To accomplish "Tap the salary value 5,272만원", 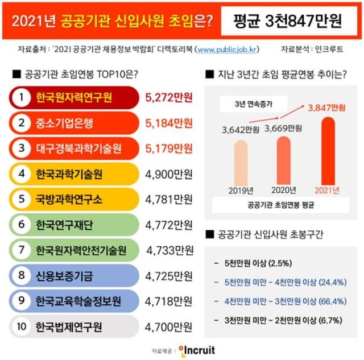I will [x=169, y=97].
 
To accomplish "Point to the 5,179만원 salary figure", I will [x=169, y=148].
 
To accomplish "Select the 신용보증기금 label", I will [x=64, y=276].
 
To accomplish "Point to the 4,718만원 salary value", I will [x=169, y=301].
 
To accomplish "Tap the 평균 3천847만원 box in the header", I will [x=288, y=21].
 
